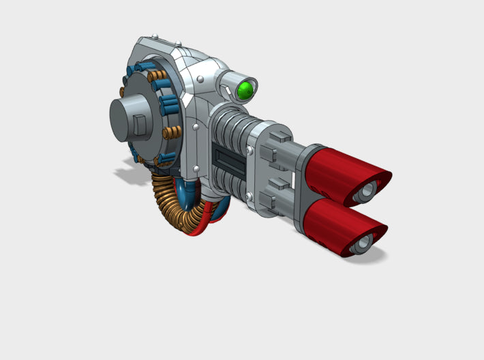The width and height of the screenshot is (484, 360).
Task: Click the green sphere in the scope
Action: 246,89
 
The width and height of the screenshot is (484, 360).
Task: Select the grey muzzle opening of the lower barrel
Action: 361,241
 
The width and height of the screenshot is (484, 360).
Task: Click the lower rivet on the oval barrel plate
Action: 251,200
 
